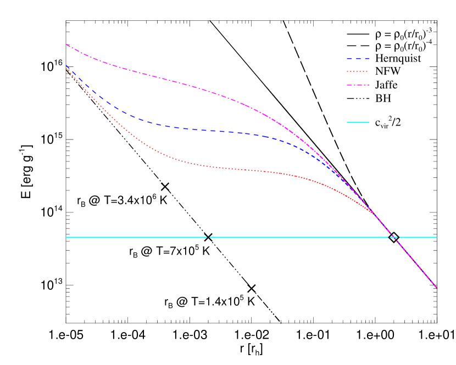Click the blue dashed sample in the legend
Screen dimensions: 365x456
pyautogui.click(x=358, y=58)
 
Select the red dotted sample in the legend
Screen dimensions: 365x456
pyautogui.click(x=358, y=72)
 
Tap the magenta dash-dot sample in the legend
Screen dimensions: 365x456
pyautogui.click(x=358, y=85)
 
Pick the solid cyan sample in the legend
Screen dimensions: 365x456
pyautogui.click(x=358, y=122)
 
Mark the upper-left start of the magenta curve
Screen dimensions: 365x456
pyautogui.click(x=66, y=44)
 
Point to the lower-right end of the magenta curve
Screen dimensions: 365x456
pyautogui.click(x=436, y=287)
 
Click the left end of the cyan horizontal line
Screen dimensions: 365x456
pyautogui.click(x=66, y=237)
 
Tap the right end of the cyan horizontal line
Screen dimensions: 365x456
pyautogui.click(x=436, y=237)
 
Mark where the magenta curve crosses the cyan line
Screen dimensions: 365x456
pyautogui.click(x=394, y=237)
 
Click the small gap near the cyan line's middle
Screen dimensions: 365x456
pyautogui.click(x=208, y=237)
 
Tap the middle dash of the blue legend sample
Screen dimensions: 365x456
pyautogui.click(x=358, y=58)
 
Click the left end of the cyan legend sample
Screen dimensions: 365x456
pyautogui.click(x=347, y=122)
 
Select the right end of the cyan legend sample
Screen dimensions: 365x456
pyautogui.click(x=369, y=122)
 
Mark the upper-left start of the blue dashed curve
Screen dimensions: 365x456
pyautogui.click(x=66, y=65)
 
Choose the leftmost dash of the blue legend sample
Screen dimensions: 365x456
pyautogui.click(x=349, y=58)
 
